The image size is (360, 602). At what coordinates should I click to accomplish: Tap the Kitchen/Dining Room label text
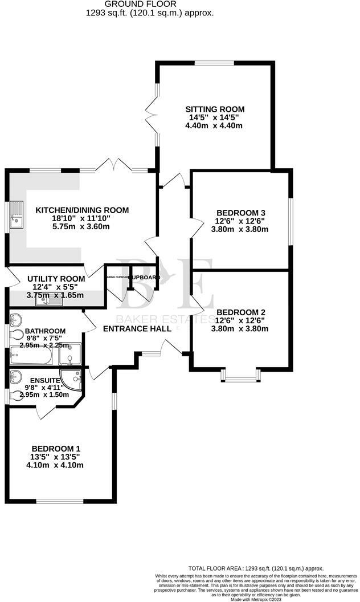click(x=82, y=210)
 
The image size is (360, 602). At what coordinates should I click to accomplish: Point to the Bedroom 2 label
click(x=240, y=312)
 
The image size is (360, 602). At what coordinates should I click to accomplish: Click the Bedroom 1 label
click(x=56, y=448)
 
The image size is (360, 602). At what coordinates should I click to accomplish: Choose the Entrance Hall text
click(x=137, y=329)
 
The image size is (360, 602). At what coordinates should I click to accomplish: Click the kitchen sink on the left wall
click(x=17, y=215)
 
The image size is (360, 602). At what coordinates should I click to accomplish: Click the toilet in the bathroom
click(x=17, y=335)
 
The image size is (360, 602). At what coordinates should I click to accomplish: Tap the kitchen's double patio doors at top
click(x=112, y=166)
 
